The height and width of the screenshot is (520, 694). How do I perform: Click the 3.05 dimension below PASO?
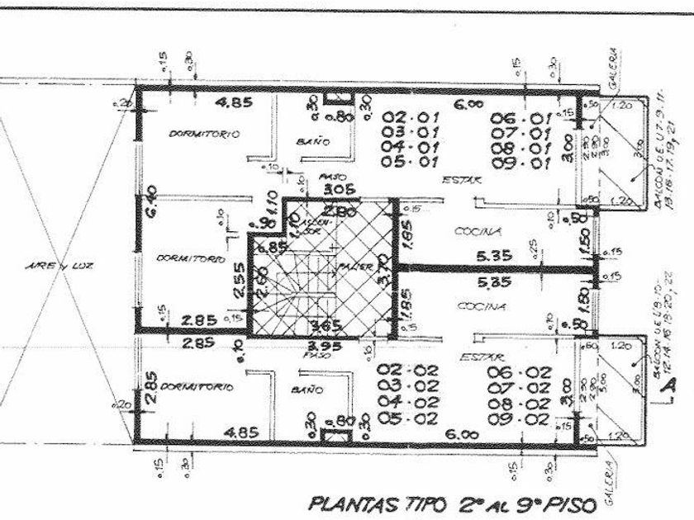pyautogui.click(x=318, y=189)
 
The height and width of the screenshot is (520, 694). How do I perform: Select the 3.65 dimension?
pyautogui.click(x=321, y=324)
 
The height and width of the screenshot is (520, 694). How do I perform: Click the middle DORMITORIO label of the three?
pyautogui.click(x=192, y=258)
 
